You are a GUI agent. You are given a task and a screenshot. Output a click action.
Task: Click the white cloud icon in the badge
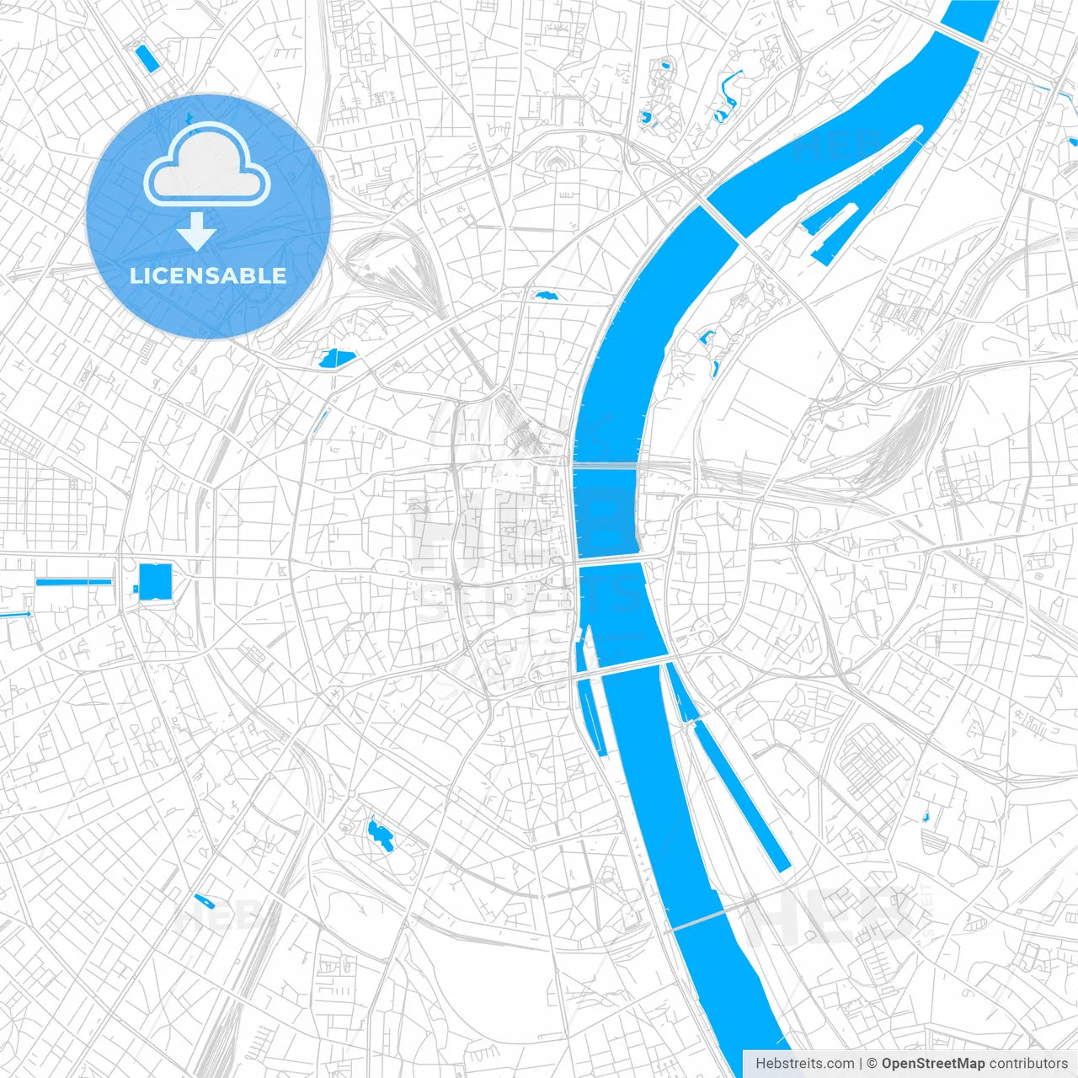(x=207, y=165)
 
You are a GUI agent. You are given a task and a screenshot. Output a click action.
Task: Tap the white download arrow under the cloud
(x=197, y=231)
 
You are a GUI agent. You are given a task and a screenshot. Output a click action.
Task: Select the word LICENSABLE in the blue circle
(x=208, y=275)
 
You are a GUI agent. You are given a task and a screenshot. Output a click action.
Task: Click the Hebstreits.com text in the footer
(x=804, y=1064)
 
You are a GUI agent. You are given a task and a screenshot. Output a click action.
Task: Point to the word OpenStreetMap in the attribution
(x=933, y=1064)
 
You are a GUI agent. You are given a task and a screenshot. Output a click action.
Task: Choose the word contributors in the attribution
(x=1028, y=1064)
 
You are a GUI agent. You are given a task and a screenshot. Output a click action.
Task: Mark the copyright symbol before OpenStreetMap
(x=873, y=1064)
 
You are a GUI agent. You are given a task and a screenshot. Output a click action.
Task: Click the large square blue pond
(x=155, y=581)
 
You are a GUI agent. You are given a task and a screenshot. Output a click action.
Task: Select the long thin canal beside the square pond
(x=74, y=581)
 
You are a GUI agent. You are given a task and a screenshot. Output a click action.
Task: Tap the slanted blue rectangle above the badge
(x=147, y=58)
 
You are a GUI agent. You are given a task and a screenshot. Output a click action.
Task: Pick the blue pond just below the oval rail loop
(x=338, y=359)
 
